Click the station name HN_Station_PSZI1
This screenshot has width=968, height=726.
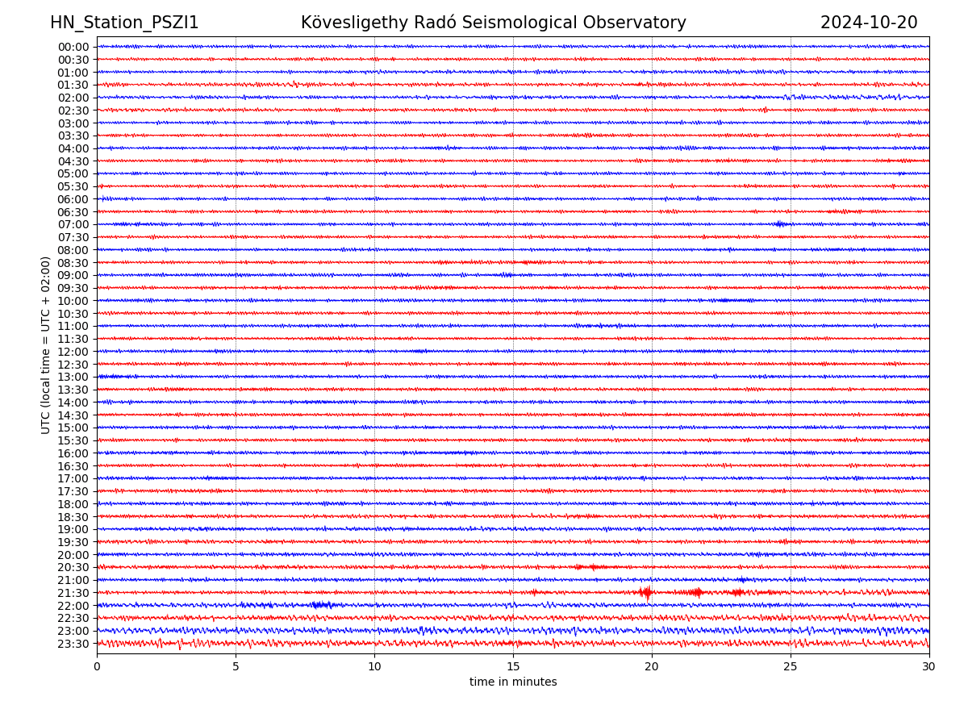[124, 23]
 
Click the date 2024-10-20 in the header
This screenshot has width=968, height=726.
[869, 23]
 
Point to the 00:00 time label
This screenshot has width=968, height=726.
[73, 47]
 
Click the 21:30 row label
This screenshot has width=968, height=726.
[73, 593]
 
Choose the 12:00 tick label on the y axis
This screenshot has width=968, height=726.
[73, 352]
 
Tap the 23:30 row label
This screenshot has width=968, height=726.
[73, 644]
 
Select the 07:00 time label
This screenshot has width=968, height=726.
[73, 224]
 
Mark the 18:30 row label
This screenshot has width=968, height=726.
[73, 517]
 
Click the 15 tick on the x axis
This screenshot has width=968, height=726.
[513, 666]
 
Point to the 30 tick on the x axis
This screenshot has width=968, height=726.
[929, 666]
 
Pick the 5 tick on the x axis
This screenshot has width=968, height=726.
[236, 666]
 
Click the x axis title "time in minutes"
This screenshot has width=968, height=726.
[513, 682]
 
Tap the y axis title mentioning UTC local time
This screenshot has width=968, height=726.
[46, 345]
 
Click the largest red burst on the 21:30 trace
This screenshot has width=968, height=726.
[646, 593]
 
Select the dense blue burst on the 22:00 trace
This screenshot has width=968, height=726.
[321, 605]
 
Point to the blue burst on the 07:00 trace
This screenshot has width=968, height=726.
[779, 224]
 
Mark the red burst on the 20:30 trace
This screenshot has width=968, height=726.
[595, 567]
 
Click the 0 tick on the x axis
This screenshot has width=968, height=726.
[97, 666]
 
